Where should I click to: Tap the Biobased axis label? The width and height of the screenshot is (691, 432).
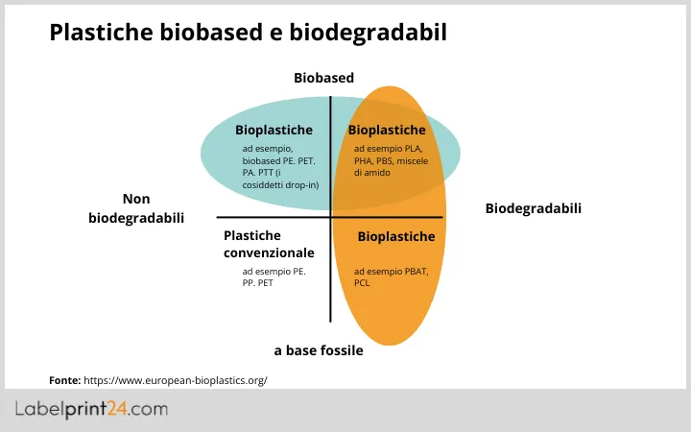point(324,78)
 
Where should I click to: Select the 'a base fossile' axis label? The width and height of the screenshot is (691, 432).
point(319,350)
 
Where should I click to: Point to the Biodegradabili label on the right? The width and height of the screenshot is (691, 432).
point(534,208)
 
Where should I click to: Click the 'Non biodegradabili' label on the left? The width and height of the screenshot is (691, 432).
point(136,208)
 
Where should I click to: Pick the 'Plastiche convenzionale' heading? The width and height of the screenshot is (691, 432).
point(269,244)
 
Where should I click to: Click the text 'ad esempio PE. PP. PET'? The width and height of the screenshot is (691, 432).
point(274,277)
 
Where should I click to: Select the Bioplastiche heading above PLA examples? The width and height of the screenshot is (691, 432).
point(387,130)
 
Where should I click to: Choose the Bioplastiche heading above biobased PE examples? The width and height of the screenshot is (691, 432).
point(274,130)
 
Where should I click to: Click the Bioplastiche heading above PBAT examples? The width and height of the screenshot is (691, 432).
point(396,236)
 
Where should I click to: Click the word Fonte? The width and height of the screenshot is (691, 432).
point(64,380)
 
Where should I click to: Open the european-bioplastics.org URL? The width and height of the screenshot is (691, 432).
point(176,380)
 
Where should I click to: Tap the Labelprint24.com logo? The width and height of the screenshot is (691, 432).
point(91,409)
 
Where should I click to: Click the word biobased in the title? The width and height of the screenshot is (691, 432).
point(217,34)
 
